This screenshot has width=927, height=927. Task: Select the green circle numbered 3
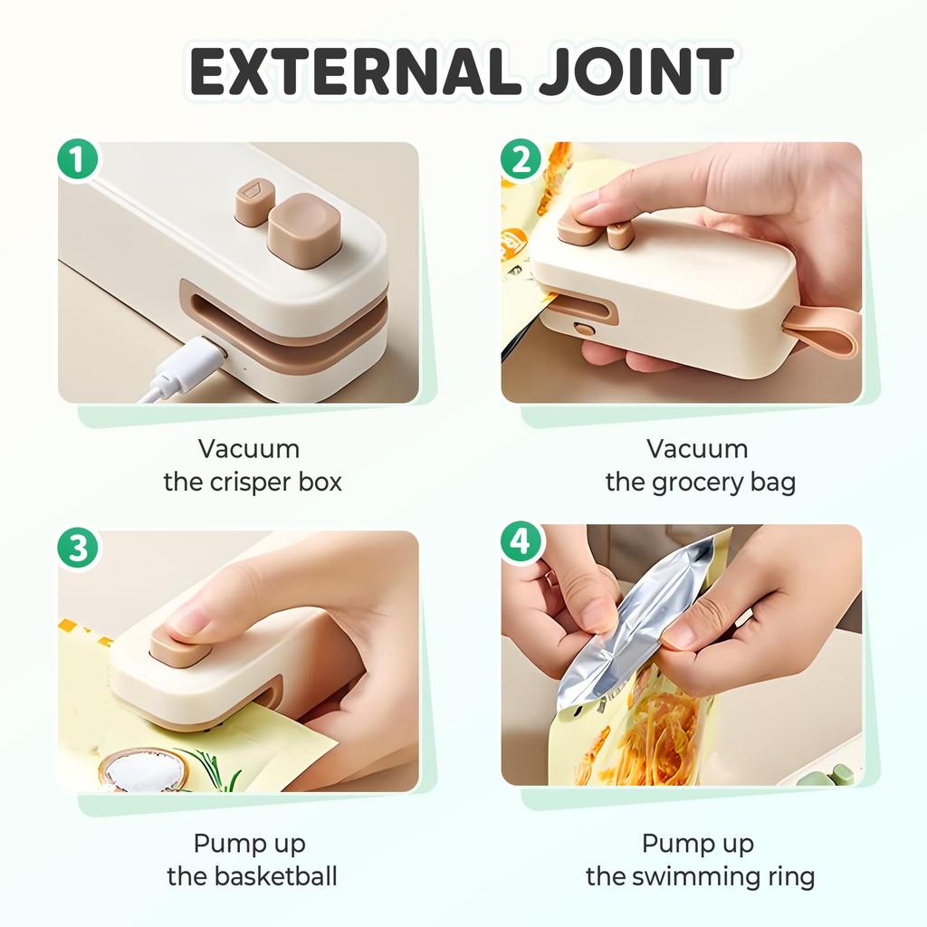(79, 550)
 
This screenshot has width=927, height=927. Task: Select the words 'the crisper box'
(253, 482)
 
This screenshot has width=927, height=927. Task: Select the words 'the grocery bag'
(700, 482)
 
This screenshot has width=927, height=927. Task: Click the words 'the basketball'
(252, 876)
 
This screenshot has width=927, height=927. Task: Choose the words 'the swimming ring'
(700, 876)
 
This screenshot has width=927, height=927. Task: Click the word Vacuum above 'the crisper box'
(249, 449)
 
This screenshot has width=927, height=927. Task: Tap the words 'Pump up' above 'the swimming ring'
(698, 844)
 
